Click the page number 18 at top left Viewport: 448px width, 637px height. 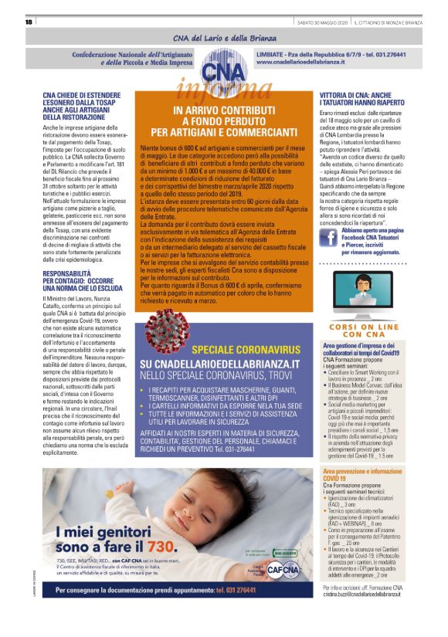pos(28,22)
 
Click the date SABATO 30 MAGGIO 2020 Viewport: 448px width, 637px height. pos(323,22)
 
